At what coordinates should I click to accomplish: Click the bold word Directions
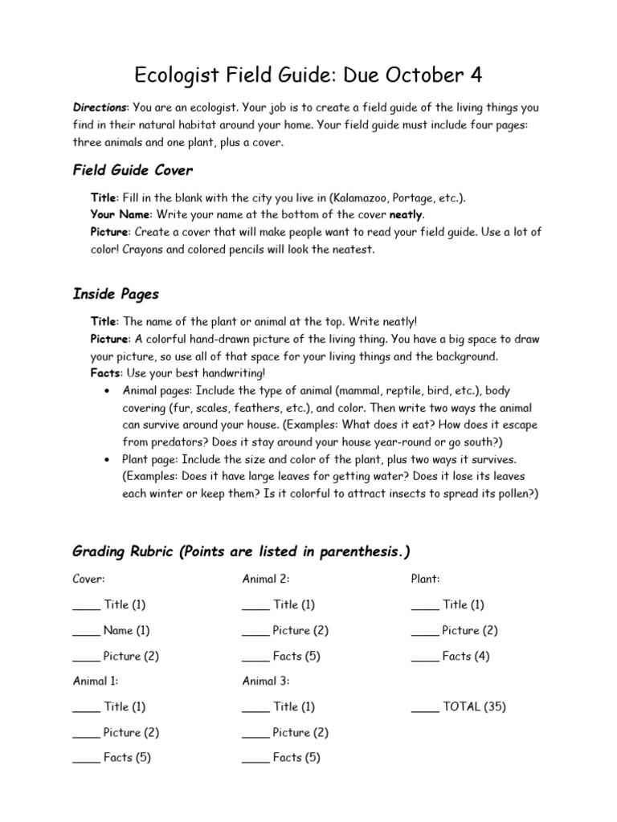100,108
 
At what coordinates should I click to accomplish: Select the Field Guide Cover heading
133,170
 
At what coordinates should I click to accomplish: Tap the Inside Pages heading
116,294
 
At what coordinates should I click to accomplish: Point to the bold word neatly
406,215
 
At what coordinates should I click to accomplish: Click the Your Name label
121,215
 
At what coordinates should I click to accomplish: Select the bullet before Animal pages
107,391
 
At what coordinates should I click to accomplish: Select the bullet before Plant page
107,460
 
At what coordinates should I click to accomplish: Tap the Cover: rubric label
89,579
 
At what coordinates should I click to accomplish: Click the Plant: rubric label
425,579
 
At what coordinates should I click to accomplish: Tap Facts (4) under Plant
466,656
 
